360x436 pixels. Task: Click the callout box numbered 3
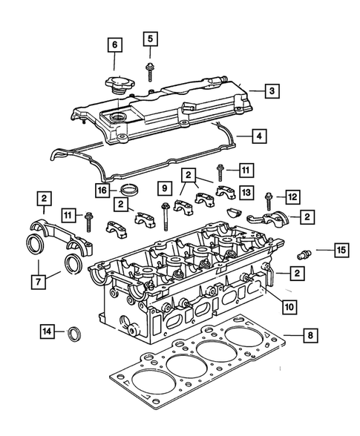click(273, 91)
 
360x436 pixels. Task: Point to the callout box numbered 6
click(114, 46)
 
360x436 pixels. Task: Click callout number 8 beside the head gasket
click(311, 337)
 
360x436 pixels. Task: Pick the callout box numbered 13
click(246, 192)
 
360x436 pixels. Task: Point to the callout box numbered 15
click(340, 251)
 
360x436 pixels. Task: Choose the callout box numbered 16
click(102, 191)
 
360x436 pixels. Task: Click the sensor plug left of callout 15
click(302, 252)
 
